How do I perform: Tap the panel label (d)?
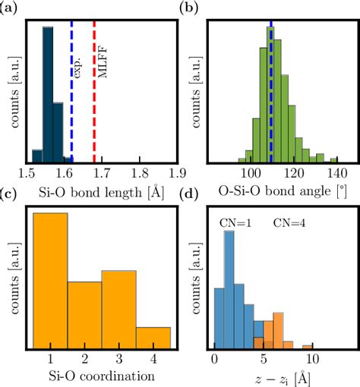[188, 197]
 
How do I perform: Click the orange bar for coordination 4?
[153, 337]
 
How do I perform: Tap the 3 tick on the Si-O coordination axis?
[118, 361]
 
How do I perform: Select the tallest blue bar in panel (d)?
[229, 288]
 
